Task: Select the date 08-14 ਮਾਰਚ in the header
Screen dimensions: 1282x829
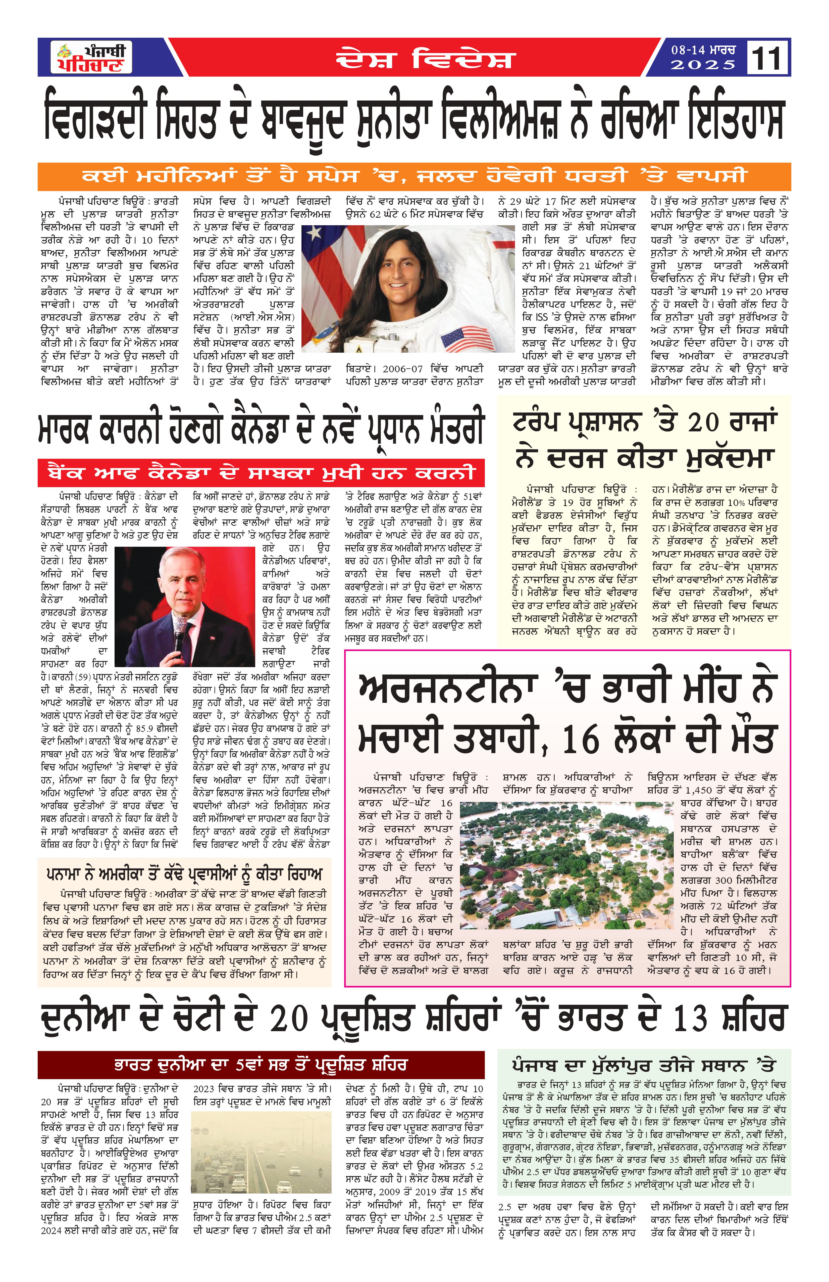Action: point(702,50)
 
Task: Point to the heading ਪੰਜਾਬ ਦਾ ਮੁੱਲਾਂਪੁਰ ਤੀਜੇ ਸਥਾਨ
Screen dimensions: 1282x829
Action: point(643,1065)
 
